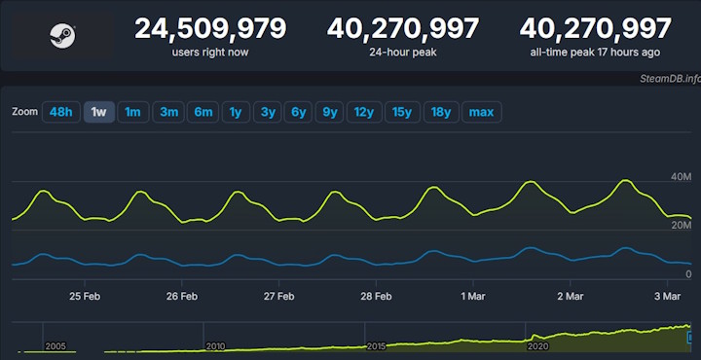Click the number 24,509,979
[x=210, y=28]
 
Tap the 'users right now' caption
[x=210, y=52]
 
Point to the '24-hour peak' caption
[x=403, y=52]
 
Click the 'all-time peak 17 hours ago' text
[x=595, y=52]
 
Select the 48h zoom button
[x=60, y=112]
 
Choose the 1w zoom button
[x=98, y=112]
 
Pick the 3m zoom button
[x=168, y=112]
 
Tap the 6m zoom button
[x=203, y=112]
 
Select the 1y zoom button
[x=235, y=112]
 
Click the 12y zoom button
[x=364, y=112]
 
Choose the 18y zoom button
[x=441, y=112]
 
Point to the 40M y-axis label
[x=680, y=176]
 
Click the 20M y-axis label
[x=680, y=226]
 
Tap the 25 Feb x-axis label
[x=85, y=296]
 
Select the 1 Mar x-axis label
[x=474, y=296]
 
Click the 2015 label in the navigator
[x=377, y=345]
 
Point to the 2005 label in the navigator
[x=55, y=345]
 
